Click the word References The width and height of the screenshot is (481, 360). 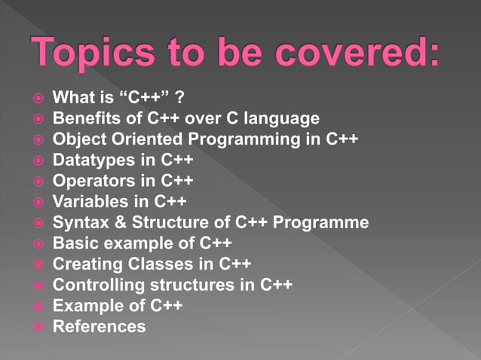(100, 327)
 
